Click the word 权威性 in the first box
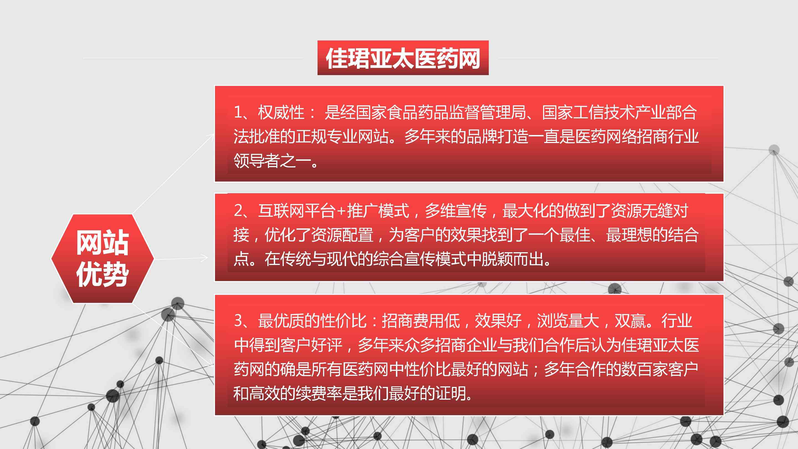(281, 112)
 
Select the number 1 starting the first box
(238, 112)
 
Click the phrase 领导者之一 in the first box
(272, 161)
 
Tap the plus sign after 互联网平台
(341, 211)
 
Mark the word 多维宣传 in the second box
(456, 211)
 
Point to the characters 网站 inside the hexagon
(103, 243)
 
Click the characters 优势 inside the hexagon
(103, 274)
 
